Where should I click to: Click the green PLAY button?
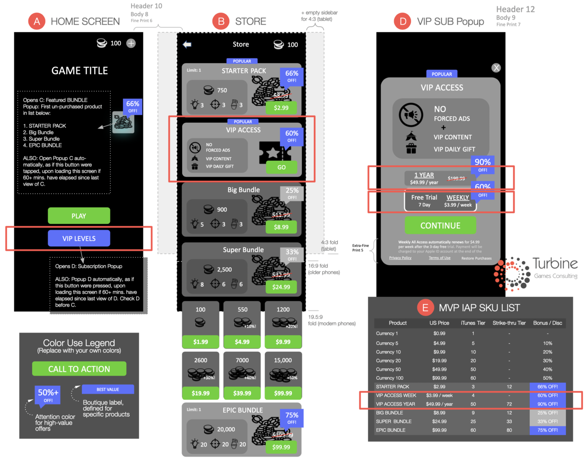79,216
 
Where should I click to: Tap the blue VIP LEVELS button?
79,238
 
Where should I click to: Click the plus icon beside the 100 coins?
131,44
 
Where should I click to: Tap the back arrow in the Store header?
187,44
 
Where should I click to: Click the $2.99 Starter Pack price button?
281,108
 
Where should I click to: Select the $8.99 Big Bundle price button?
281,227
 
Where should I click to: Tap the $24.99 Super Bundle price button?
281,287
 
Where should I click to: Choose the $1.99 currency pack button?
200,342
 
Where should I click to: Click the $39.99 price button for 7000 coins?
242,393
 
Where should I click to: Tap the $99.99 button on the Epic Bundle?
281,447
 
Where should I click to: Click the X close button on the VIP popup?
496,68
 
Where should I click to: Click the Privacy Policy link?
400,258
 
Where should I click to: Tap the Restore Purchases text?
476,258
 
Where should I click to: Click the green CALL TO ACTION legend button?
79,369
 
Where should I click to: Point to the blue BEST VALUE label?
108,389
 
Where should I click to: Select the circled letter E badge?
425,308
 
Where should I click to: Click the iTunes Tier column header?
473,323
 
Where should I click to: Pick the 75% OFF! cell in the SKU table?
548,430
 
